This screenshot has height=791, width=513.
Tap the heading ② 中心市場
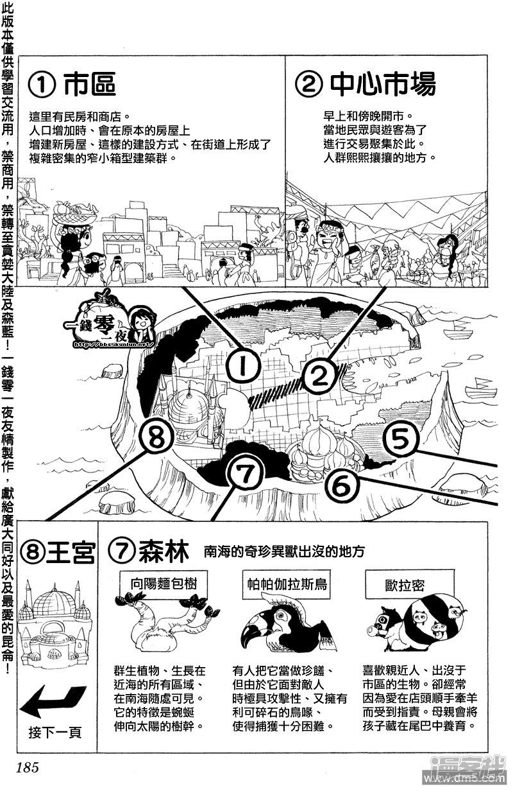[366, 84]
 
